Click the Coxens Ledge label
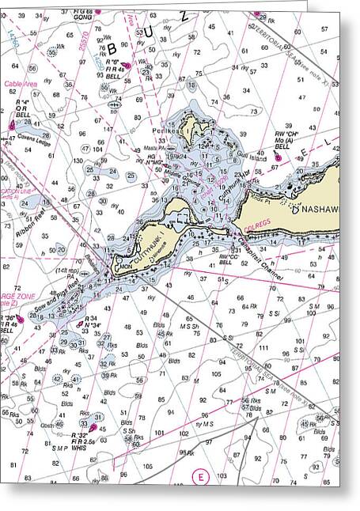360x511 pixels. [33, 141]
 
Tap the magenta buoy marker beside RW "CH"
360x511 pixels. [277, 157]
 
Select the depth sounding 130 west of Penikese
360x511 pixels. [79, 161]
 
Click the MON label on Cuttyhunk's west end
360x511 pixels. [125, 268]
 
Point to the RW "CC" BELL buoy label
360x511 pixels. [229, 259]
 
